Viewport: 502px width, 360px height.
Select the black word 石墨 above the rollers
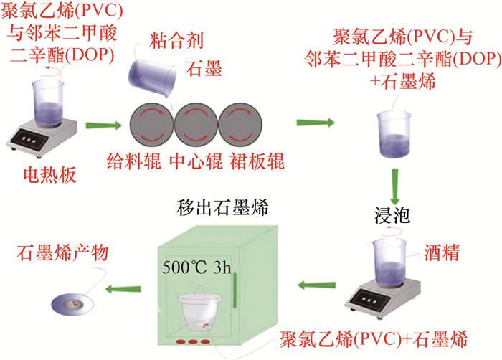[202, 70]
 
